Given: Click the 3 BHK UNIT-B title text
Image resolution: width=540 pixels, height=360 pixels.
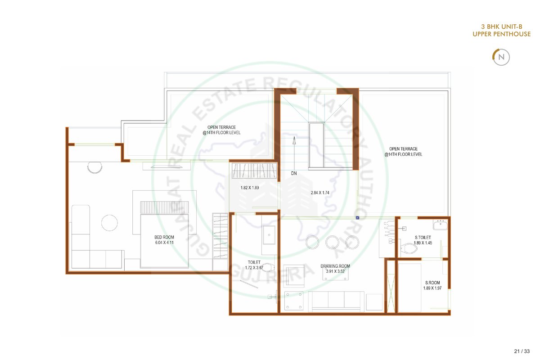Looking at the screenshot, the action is (502, 27).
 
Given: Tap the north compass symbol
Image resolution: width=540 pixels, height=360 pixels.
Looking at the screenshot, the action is (501, 57).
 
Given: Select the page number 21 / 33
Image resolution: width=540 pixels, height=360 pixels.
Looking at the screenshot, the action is (522, 351).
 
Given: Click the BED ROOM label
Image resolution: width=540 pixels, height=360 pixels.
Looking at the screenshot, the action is (164, 237).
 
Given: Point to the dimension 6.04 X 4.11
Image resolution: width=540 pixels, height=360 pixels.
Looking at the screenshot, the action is (164, 243).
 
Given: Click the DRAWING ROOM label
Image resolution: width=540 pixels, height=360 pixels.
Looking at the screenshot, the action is (335, 266).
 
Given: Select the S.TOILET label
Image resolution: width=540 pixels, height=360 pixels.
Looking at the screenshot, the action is (423, 238).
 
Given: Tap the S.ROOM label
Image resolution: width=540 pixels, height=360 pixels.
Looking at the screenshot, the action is (432, 283).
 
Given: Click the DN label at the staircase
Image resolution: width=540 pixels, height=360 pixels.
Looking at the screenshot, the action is (294, 173).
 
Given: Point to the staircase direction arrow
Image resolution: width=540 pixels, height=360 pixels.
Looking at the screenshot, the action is (294, 153).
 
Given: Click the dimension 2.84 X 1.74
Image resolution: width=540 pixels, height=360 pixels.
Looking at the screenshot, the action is (320, 193).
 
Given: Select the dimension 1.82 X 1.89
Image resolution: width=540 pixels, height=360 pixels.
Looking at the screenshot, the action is (250, 188).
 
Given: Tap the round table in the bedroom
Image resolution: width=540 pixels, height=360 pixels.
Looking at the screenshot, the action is (109, 223).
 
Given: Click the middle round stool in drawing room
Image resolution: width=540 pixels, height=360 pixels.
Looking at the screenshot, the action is (332, 242).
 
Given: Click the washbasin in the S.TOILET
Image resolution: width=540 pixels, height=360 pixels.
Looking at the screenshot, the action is (441, 225).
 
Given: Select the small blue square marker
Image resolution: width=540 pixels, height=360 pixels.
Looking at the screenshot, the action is (357, 218).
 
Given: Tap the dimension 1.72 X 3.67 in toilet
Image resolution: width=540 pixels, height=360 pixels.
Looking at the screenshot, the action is (254, 268).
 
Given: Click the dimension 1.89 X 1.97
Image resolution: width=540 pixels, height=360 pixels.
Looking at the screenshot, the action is (432, 288).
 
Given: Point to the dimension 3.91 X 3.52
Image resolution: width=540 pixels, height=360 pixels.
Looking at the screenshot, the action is (335, 271).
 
